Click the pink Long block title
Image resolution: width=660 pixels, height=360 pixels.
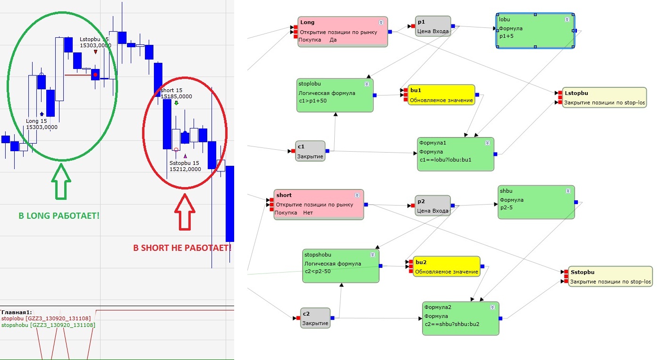click(307, 22)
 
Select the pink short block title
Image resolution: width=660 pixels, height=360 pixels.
click(284, 195)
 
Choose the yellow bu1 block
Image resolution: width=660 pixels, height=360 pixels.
click(441, 95)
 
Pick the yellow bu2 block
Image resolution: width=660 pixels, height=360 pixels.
click(447, 267)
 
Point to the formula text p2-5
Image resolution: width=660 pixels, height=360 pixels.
click(507, 208)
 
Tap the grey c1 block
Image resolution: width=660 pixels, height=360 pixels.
click(311, 151)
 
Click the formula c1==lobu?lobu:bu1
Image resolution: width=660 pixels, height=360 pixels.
click(445, 160)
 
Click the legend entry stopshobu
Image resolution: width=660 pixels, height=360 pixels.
click(48, 325)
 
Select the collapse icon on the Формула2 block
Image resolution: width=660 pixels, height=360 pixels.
click(492, 307)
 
